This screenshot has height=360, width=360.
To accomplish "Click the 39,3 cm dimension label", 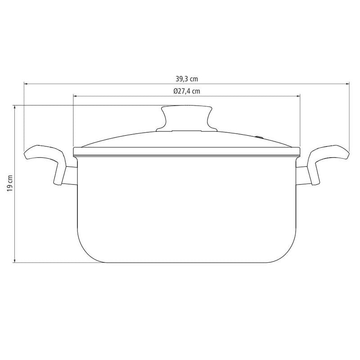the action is pyautogui.click(x=187, y=79).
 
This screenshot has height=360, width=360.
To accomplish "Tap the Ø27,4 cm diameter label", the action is pyautogui.click(x=187, y=91).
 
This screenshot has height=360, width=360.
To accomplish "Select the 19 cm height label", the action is pyautogui.click(x=9, y=183).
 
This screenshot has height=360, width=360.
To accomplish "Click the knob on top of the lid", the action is pyautogui.click(x=186, y=119).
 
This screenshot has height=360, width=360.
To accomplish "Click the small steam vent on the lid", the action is pyautogui.click(x=260, y=137).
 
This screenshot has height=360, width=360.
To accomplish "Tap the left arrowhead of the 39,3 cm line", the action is pyautogui.click(x=26, y=84).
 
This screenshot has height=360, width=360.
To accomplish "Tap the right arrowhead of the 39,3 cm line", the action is pyautogui.click(x=347, y=84).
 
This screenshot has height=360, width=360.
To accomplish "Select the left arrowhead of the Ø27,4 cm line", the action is pyautogui.click(x=75, y=96).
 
